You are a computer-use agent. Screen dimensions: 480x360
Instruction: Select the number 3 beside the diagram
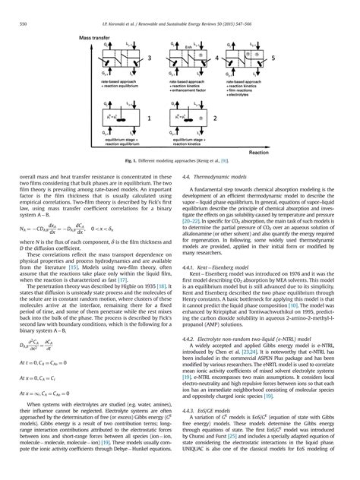click(150, 57)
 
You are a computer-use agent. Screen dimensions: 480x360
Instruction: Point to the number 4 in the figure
click(216, 57)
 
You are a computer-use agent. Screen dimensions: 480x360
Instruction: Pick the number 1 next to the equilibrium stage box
click(150, 120)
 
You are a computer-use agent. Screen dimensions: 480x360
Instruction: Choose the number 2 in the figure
click(216, 120)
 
